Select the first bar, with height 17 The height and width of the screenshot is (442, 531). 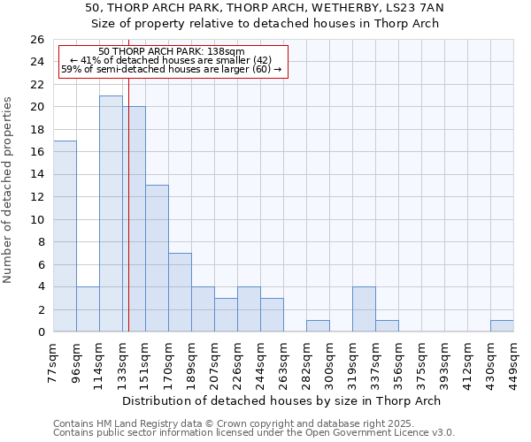click(x=65, y=236)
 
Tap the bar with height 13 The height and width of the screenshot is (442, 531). click(x=157, y=258)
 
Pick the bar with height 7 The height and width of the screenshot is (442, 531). click(x=180, y=292)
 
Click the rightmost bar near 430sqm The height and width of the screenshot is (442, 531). click(x=502, y=325)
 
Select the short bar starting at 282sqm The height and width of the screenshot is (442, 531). click(x=318, y=325)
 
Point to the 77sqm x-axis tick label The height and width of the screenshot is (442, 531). click(x=54, y=360)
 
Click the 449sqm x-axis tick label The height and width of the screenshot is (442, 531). click(x=514, y=362)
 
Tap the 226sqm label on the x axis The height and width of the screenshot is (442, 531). click(x=238, y=362)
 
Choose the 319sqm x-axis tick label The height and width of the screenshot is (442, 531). click(x=353, y=362)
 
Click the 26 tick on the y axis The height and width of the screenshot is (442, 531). click(x=36, y=40)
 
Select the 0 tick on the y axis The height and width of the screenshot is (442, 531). click(x=40, y=332)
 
